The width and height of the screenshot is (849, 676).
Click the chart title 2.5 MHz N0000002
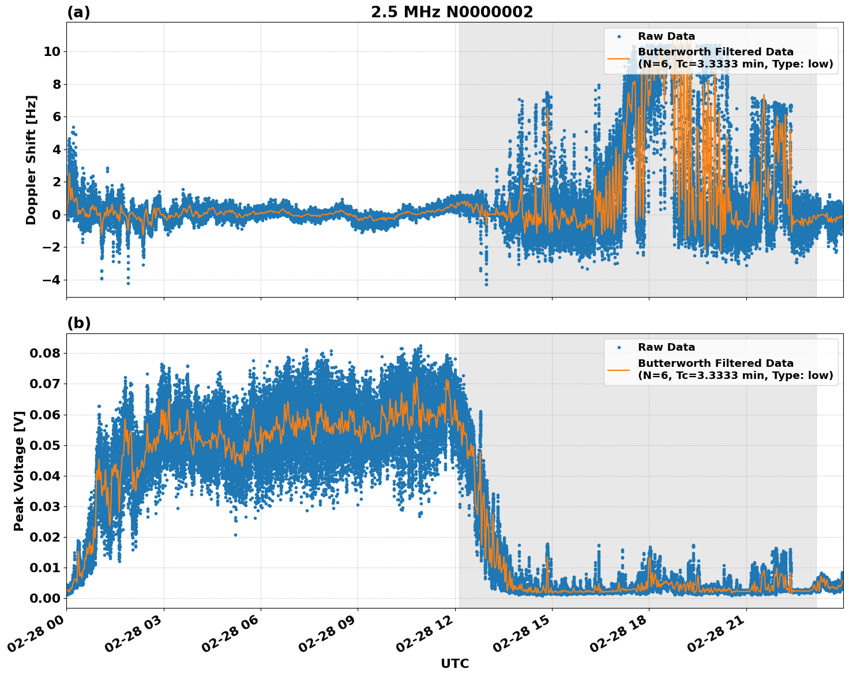pyautogui.click(x=452, y=12)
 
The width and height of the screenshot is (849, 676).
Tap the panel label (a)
pyautogui.click(x=78, y=12)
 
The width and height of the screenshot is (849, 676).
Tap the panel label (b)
pyautogui.click(x=78, y=323)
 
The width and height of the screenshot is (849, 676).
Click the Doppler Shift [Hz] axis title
pyautogui.click(x=31, y=160)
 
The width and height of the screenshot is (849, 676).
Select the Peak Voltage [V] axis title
pyautogui.click(x=19, y=471)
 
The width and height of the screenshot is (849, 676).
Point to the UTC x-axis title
pyautogui.click(x=454, y=663)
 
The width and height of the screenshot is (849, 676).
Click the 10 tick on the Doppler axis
pyautogui.click(x=51, y=51)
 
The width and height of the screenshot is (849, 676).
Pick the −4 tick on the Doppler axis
pyautogui.click(x=51, y=280)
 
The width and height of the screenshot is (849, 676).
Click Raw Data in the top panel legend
pyautogui.click(x=666, y=36)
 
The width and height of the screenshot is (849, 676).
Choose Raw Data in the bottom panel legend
pyautogui.click(x=666, y=347)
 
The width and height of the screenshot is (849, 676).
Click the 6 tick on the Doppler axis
pyautogui.click(x=56, y=117)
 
